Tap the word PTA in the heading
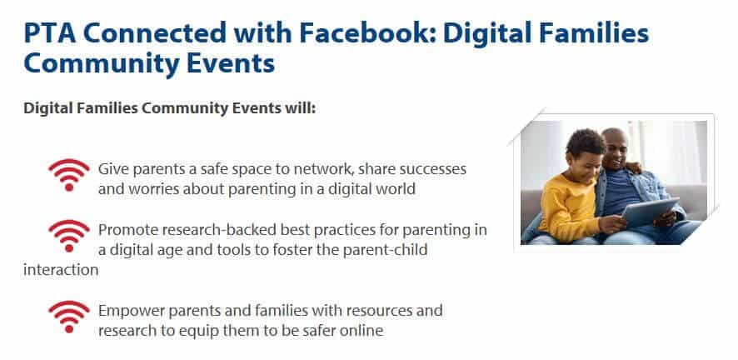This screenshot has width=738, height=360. click(x=50, y=33)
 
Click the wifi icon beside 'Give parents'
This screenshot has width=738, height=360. click(x=68, y=174)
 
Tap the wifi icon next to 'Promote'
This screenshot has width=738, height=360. click(x=68, y=236)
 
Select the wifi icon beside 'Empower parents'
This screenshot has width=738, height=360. click(x=68, y=316)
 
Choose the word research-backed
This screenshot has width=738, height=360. click(x=187, y=230)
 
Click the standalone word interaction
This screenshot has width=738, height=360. click(x=61, y=270)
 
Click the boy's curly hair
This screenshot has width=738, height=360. click(x=586, y=142)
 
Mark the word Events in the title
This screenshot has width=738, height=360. click(x=230, y=63)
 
